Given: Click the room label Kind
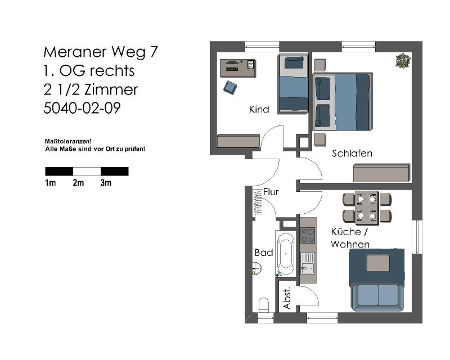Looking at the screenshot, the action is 259,109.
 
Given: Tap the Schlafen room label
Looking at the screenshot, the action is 352,154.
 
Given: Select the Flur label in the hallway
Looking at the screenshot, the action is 271,192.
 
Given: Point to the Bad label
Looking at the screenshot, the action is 263,253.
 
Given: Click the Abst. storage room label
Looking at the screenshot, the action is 287,298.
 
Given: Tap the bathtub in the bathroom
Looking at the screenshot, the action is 286,254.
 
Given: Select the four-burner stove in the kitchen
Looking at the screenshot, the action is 308,236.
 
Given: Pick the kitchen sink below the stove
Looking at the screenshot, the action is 308,264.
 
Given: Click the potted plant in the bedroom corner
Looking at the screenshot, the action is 403,61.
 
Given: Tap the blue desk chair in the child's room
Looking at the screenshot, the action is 230,87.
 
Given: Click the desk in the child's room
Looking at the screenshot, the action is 238,68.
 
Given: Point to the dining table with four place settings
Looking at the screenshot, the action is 367,207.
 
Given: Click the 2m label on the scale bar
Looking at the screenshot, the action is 78,183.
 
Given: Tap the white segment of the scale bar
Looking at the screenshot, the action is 87,172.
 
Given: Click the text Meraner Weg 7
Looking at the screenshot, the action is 101,52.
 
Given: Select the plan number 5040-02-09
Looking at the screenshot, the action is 82,108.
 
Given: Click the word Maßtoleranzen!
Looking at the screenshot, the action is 68,142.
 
